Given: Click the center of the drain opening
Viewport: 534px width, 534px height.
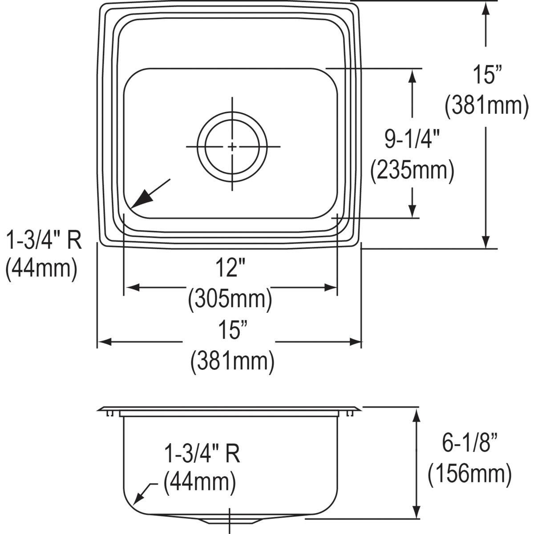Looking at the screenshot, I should coord(232,146).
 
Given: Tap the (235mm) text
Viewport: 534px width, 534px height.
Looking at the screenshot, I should coord(413,170).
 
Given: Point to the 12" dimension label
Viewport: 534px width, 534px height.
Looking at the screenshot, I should coord(230,270).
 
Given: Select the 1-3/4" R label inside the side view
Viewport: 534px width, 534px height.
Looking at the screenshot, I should coord(202,454).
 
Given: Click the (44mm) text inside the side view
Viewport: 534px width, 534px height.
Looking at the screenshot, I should coord(199,482).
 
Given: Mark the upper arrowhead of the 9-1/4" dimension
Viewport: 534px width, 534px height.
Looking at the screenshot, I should coord(413,76).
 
